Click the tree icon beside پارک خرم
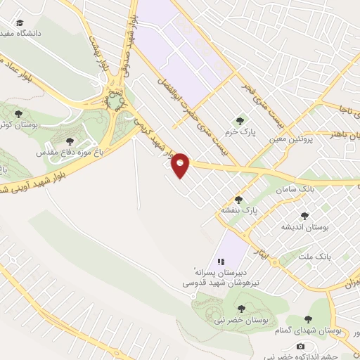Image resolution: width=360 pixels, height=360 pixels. point(241,120)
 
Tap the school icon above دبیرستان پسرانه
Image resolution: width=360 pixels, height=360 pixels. point(220,261)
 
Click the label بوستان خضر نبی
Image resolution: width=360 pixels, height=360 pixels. point(241,320)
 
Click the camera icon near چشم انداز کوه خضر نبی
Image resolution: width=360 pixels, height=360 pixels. point(301,345)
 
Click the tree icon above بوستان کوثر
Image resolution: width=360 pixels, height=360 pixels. point(19,113)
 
